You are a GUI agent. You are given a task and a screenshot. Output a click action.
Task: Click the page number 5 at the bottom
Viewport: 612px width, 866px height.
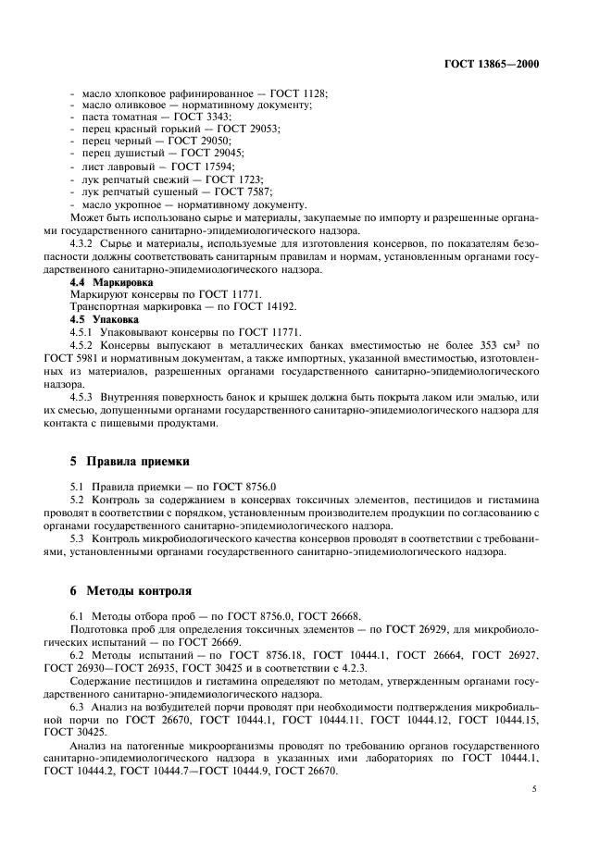click(535, 789)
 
